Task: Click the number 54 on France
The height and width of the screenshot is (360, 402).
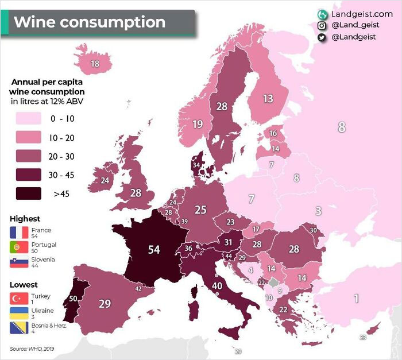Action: pos(154,250)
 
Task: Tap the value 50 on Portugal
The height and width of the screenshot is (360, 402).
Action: pos(73,299)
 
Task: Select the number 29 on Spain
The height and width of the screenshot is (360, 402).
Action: pos(105,304)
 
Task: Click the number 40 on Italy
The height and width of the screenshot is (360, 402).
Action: pos(217,285)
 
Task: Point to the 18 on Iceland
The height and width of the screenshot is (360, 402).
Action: pos(95,64)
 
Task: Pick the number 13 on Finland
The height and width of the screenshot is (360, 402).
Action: pos(268,99)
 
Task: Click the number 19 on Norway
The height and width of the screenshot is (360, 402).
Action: pos(198,124)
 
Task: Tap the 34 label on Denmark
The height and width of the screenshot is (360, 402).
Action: pos(196,165)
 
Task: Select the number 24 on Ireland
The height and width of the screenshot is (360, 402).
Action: pos(105,180)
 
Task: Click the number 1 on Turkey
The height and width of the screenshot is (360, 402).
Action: pos(356,299)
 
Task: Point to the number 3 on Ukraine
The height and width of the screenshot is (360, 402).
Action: pos(318,211)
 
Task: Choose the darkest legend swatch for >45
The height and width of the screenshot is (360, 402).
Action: pos(25,193)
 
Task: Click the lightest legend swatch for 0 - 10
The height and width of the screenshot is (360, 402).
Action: pos(25,119)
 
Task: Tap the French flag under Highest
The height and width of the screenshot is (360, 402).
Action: pos(19,233)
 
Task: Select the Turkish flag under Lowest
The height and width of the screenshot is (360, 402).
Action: pos(19,299)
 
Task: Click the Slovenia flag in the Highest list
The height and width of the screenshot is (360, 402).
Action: pos(19,262)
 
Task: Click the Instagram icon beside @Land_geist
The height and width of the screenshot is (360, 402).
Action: pos(322,25)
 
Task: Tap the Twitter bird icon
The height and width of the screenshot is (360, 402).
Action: pos(322,37)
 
